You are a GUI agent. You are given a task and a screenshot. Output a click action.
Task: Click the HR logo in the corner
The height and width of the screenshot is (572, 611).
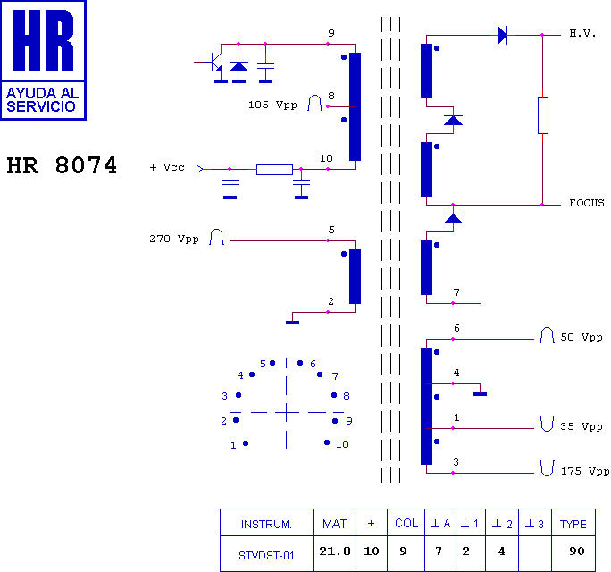(x=44, y=59)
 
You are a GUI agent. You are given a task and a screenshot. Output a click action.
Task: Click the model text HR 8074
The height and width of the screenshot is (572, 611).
(x=62, y=166)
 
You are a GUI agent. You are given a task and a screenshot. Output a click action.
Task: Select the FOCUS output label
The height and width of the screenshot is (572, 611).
(x=586, y=203)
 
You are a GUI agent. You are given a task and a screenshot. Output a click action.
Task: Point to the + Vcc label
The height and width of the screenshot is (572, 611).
(x=167, y=168)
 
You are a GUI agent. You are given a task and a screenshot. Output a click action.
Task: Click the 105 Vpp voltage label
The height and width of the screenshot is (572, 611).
(x=272, y=105)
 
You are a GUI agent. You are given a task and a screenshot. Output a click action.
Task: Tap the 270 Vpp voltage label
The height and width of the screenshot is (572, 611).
(x=174, y=239)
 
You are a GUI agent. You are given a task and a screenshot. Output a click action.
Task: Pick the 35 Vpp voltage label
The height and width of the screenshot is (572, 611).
(x=581, y=426)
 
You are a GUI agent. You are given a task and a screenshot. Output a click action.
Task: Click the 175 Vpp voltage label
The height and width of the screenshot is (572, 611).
(x=584, y=470)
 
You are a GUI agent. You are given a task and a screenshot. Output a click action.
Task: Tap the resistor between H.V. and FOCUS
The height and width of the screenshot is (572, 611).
(x=542, y=115)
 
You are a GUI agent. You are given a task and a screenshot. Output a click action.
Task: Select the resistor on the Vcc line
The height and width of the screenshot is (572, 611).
(x=274, y=169)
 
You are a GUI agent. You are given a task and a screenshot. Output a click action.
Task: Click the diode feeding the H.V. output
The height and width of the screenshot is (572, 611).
(x=502, y=35)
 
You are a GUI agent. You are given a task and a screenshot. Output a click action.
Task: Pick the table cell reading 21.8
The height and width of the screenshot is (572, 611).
(x=334, y=552)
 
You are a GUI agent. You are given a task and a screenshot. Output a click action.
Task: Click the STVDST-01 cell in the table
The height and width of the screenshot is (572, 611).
(x=266, y=554)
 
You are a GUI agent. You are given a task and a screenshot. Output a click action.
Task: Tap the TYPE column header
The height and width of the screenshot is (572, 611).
(x=573, y=524)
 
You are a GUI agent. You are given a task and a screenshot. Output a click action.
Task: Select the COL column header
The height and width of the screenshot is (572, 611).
(x=406, y=524)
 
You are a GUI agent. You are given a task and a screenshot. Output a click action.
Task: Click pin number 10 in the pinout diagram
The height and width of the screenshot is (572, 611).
(x=342, y=444)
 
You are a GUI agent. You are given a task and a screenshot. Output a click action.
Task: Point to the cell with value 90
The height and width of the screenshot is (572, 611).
(x=576, y=552)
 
